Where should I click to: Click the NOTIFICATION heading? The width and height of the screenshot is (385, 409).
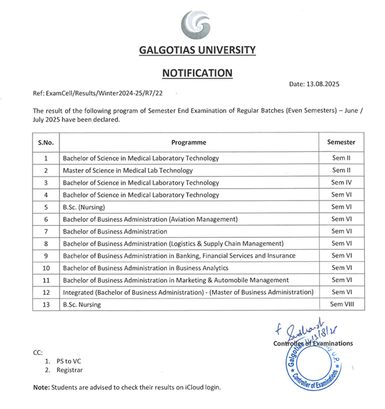point(197,73)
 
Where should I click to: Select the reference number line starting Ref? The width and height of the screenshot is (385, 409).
point(97,93)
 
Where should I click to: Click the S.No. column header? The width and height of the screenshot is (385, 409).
point(46,142)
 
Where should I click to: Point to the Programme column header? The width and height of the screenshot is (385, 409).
point(188,142)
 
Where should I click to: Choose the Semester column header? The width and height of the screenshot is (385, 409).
point(341,142)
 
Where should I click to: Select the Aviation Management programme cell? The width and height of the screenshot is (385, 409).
point(150,219)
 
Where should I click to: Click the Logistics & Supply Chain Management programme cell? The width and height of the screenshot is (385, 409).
point(173,243)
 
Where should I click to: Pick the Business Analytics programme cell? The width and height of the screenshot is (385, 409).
point(145,268)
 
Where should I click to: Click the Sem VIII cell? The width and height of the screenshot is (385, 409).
point(341,304)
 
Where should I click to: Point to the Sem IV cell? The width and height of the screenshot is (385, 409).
point(341,183)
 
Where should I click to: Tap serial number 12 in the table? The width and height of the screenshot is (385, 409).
point(46,292)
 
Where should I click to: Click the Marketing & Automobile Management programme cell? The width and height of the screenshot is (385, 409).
point(175,280)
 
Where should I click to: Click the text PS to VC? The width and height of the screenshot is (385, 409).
point(69,361)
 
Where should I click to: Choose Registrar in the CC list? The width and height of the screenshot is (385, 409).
point(69,370)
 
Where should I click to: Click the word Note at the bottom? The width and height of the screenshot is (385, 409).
point(40,388)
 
